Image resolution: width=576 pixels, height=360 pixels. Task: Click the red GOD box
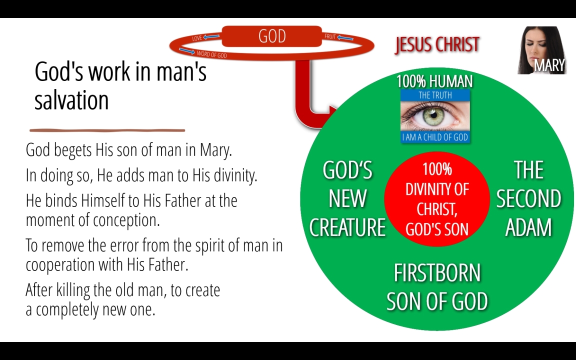pos(272,36)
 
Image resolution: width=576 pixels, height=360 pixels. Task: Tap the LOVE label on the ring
pos(197,38)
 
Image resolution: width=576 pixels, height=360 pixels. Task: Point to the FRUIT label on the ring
pos(330,36)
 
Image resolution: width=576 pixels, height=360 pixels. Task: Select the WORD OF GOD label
pos(211,54)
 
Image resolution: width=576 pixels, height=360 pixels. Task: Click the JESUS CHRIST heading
pos(437,45)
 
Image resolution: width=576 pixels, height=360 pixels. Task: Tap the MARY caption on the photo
pos(549,65)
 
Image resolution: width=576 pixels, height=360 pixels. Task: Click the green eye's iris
pos(434,115)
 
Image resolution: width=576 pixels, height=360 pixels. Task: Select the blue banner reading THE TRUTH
pos(435,95)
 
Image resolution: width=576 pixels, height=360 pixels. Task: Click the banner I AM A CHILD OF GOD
pos(435,137)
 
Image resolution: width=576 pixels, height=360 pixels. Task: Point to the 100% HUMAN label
pos(434,81)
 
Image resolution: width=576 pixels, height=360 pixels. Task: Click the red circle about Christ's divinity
pos(437,198)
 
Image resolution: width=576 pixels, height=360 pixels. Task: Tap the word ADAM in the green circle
pos(528,227)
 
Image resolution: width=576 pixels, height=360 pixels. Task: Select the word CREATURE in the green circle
pos(347,227)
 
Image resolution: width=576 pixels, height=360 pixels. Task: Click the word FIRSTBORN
pos(437,273)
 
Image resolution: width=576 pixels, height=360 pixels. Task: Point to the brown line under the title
pos(107,130)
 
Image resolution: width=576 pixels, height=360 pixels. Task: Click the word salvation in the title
pos(71,100)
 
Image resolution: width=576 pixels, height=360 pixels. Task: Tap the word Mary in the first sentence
pos(215,150)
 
